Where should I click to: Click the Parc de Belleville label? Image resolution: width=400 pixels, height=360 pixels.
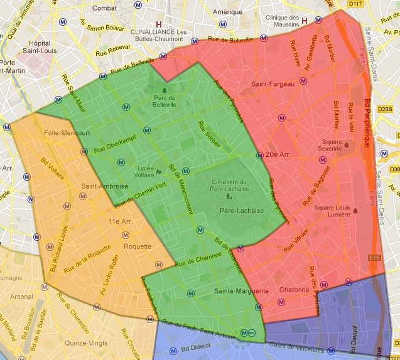[x=165, y=101]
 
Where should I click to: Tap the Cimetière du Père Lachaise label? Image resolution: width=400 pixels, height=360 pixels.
[x=228, y=186]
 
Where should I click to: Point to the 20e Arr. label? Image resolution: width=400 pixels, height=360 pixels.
[x=278, y=155]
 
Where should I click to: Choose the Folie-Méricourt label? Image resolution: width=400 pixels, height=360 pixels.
[x=68, y=133]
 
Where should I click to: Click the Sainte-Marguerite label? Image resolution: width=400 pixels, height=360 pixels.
[x=241, y=291]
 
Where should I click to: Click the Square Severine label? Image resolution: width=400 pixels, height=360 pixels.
[x=332, y=146]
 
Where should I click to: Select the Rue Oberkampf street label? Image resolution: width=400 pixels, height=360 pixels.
[x=111, y=146]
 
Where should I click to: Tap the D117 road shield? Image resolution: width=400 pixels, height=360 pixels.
[x=355, y=4]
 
